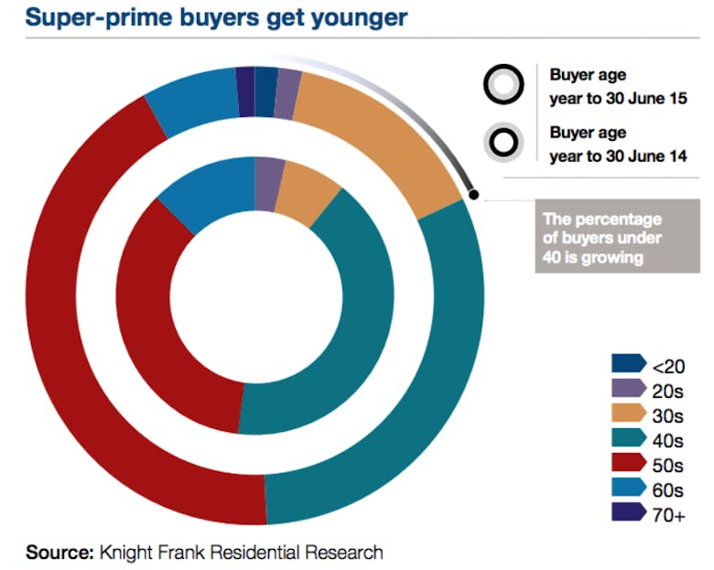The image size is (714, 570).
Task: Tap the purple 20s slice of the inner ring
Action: tap(267, 171)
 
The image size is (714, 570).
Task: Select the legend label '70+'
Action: tap(668, 515)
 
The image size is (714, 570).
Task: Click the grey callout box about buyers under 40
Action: tap(604, 239)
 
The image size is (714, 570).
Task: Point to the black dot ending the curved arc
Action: tap(473, 193)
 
